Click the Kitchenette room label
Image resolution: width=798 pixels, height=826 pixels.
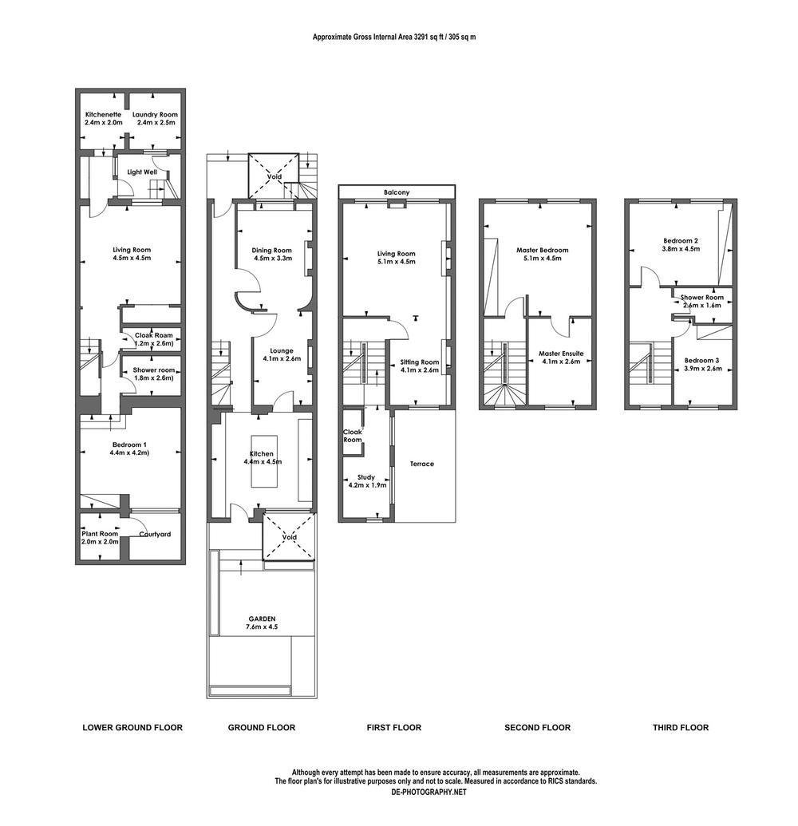(104, 114)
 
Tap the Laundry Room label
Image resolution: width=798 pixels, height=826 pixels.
(155, 114)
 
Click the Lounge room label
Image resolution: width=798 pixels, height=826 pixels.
(281, 350)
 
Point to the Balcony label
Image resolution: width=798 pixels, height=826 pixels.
(397, 192)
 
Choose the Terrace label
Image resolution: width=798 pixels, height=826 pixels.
(422, 464)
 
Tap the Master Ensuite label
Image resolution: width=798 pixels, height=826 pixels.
(561, 353)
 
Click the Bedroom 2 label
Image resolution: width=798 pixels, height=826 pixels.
(681, 239)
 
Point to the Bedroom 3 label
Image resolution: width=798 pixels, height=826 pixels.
(702, 360)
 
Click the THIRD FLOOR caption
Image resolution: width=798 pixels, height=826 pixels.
(680, 727)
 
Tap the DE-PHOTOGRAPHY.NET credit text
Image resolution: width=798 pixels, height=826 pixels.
(429, 792)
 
